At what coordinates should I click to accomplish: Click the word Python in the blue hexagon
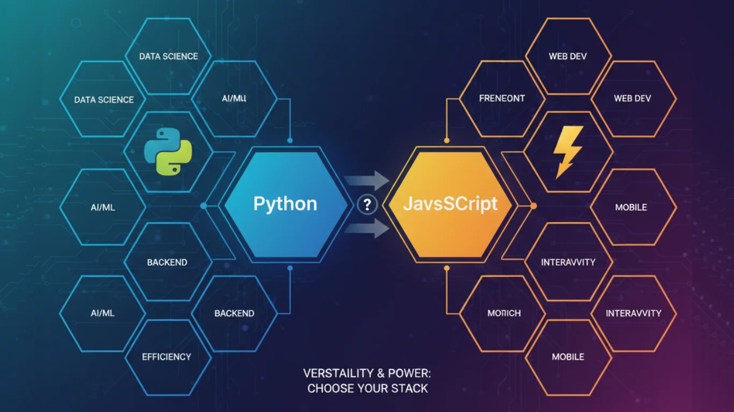click(x=285, y=204)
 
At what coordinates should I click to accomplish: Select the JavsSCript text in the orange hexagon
click(x=450, y=204)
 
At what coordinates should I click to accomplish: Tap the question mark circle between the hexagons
click(x=368, y=204)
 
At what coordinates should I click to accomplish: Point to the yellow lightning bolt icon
click(x=568, y=152)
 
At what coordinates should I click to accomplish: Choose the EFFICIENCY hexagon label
click(x=167, y=357)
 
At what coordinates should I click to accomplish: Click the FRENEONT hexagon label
click(x=501, y=99)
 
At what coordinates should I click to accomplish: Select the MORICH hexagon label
click(x=503, y=313)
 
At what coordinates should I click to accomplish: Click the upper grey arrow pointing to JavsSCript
click(x=368, y=181)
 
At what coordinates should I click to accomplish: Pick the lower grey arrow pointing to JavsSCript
click(x=368, y=229)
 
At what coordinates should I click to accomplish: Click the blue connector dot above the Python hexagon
click(x=290, y=141)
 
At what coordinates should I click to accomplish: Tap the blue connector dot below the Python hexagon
click(x=290, y=267)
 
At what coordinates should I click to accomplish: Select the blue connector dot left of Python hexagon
click(x=203, y=205)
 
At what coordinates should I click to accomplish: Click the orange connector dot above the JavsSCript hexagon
click(x=447, y=141)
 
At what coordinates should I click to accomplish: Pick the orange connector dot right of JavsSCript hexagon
click(x=534, y=205)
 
